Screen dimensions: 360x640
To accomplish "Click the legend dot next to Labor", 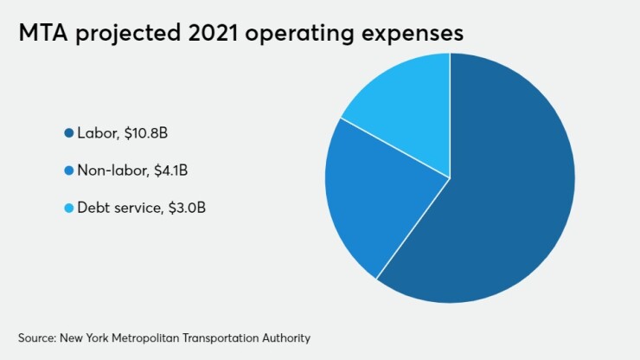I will pyautogui.click(x=68, y=133).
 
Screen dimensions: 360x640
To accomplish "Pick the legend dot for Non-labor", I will pyautogui.click(x=68, y=170).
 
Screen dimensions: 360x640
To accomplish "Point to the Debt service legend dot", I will pyautogui.click(x=68, y=208).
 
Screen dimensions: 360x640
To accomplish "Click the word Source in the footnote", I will pyautogui.click(x=35, y=336).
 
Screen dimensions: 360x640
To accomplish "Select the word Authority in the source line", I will pyautogui.click(x=280, y=336).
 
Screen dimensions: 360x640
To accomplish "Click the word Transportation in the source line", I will pyautogui.click(x=219, y=336).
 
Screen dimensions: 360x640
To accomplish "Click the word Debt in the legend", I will pyautogui.click(x=91, y=208).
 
